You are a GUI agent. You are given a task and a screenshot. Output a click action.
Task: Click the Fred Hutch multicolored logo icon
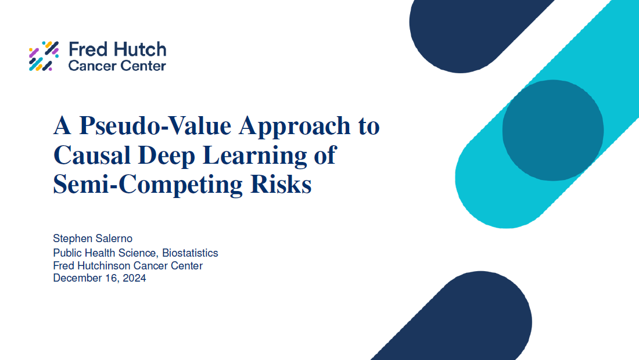click(44, 56)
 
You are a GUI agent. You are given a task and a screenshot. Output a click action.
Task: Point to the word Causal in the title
click(92, 155)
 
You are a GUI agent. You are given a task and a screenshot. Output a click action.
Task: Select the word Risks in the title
click(281, 184)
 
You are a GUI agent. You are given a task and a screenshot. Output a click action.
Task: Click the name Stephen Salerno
click(92, 238)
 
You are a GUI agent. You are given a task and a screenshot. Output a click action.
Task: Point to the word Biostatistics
click(190, 253)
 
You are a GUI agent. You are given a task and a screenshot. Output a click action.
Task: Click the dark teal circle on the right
click(553, 130)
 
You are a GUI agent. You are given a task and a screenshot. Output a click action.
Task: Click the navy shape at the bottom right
click(469, 318)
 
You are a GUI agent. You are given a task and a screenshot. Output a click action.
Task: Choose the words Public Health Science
click(106, 253)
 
